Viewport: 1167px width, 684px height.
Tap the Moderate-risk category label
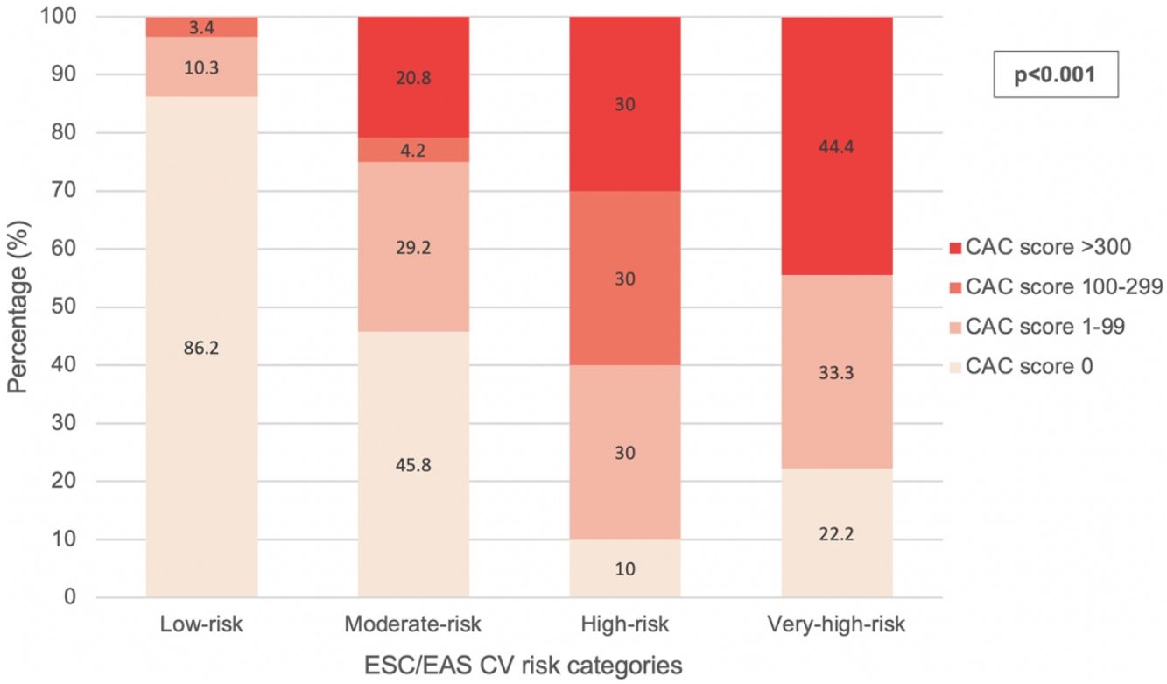coord(413,625)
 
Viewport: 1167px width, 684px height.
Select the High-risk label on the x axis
coord(625,625)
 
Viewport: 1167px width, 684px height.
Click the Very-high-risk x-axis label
coord(836,625)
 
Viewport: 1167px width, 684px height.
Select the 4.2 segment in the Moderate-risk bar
coord(413,150)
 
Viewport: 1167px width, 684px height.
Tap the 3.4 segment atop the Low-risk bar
coord(201,27)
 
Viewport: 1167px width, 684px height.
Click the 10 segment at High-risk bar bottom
coord(625,569)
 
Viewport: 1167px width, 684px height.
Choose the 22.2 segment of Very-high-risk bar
coord(836,533)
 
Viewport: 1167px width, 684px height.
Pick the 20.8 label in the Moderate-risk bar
coord(413,78)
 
